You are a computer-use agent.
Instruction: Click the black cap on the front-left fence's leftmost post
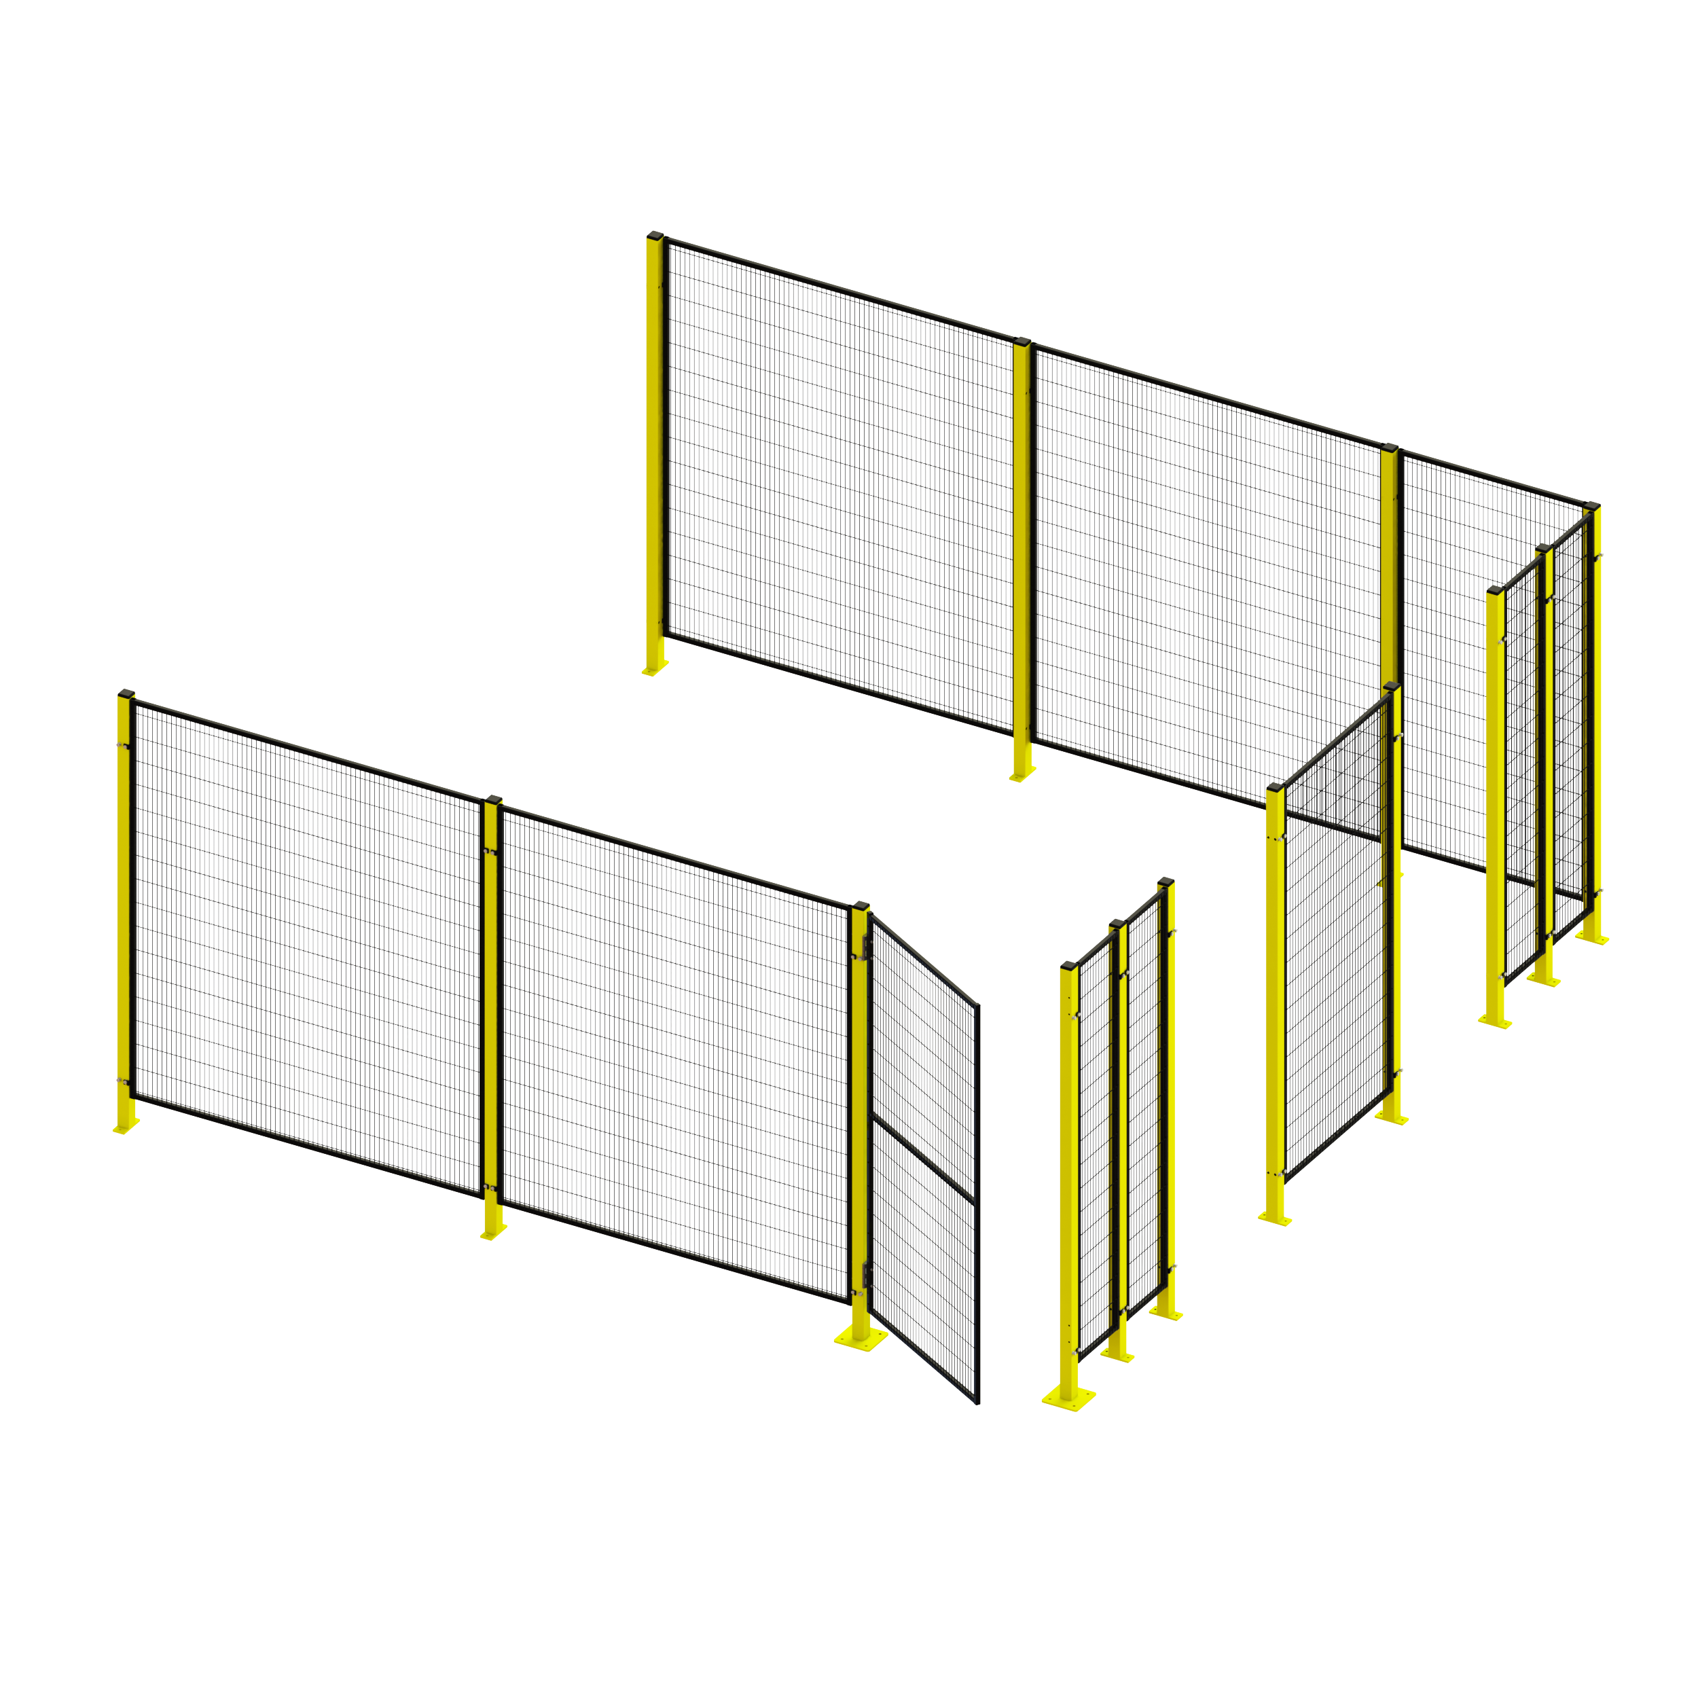click(x=126, y=694)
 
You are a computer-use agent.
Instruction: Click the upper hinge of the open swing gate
click(x=867, y=947)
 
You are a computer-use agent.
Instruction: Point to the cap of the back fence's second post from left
click(x=1022, y=341)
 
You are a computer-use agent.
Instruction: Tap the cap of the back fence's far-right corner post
click(x=1591, y=505)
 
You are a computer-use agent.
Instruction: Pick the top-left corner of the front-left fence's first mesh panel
click(x=134, y=704)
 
